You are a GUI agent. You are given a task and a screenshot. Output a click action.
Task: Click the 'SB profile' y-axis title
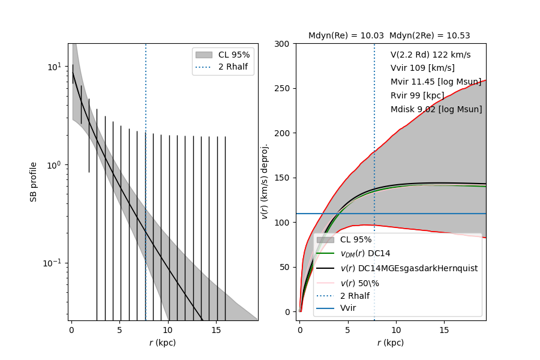tap(34, 181)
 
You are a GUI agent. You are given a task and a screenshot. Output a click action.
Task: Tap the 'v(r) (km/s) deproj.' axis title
tap(264, 181)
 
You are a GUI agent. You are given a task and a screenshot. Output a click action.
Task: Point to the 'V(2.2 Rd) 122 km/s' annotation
tap(430, 55)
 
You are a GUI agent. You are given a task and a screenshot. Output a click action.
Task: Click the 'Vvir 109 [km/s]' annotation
tap(422, 68)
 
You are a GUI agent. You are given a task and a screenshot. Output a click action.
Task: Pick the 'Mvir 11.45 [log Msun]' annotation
tap(436, 82)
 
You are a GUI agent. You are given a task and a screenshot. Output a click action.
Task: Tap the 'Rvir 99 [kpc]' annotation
tap(417, 96)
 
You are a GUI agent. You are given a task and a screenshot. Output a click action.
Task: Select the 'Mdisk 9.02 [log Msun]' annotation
tap(436, 110)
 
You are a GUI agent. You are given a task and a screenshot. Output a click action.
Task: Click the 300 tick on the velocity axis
tap(283, 44)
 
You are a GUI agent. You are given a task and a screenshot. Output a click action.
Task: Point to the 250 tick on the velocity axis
tap(283, 88)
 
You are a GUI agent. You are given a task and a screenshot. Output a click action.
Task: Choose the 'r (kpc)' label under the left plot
tap(163, 343)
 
